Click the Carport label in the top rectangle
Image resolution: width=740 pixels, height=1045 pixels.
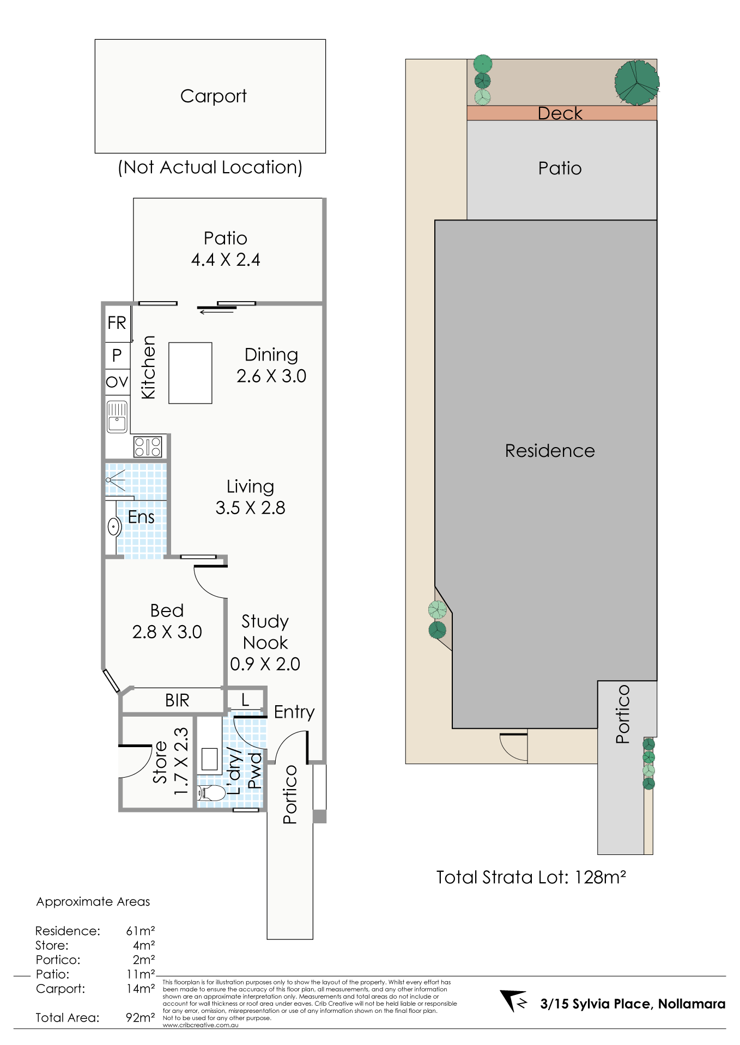213,96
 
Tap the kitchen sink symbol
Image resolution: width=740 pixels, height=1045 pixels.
117,417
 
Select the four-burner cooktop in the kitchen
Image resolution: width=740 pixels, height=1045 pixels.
148,447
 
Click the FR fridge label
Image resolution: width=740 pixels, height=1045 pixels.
117,323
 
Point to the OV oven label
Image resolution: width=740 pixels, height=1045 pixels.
117,382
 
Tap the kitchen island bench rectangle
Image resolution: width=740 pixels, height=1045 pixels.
190,373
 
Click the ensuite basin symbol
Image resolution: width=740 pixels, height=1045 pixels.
114,527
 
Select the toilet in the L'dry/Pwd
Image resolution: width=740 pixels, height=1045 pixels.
212,793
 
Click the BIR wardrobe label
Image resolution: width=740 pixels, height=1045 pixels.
177,700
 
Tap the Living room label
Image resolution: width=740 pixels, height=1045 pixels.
250,486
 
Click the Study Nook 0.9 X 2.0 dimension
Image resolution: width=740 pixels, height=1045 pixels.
265,664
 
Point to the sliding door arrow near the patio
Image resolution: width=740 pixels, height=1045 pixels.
217,312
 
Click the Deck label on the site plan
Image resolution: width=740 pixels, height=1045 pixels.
560,113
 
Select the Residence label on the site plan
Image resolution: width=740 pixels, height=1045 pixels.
550,451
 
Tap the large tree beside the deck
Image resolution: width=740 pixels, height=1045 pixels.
636,82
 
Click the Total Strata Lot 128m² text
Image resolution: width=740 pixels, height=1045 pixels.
531,877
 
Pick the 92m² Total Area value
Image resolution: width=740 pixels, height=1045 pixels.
140,1017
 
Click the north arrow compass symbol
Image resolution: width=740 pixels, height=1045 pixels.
514,1000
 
